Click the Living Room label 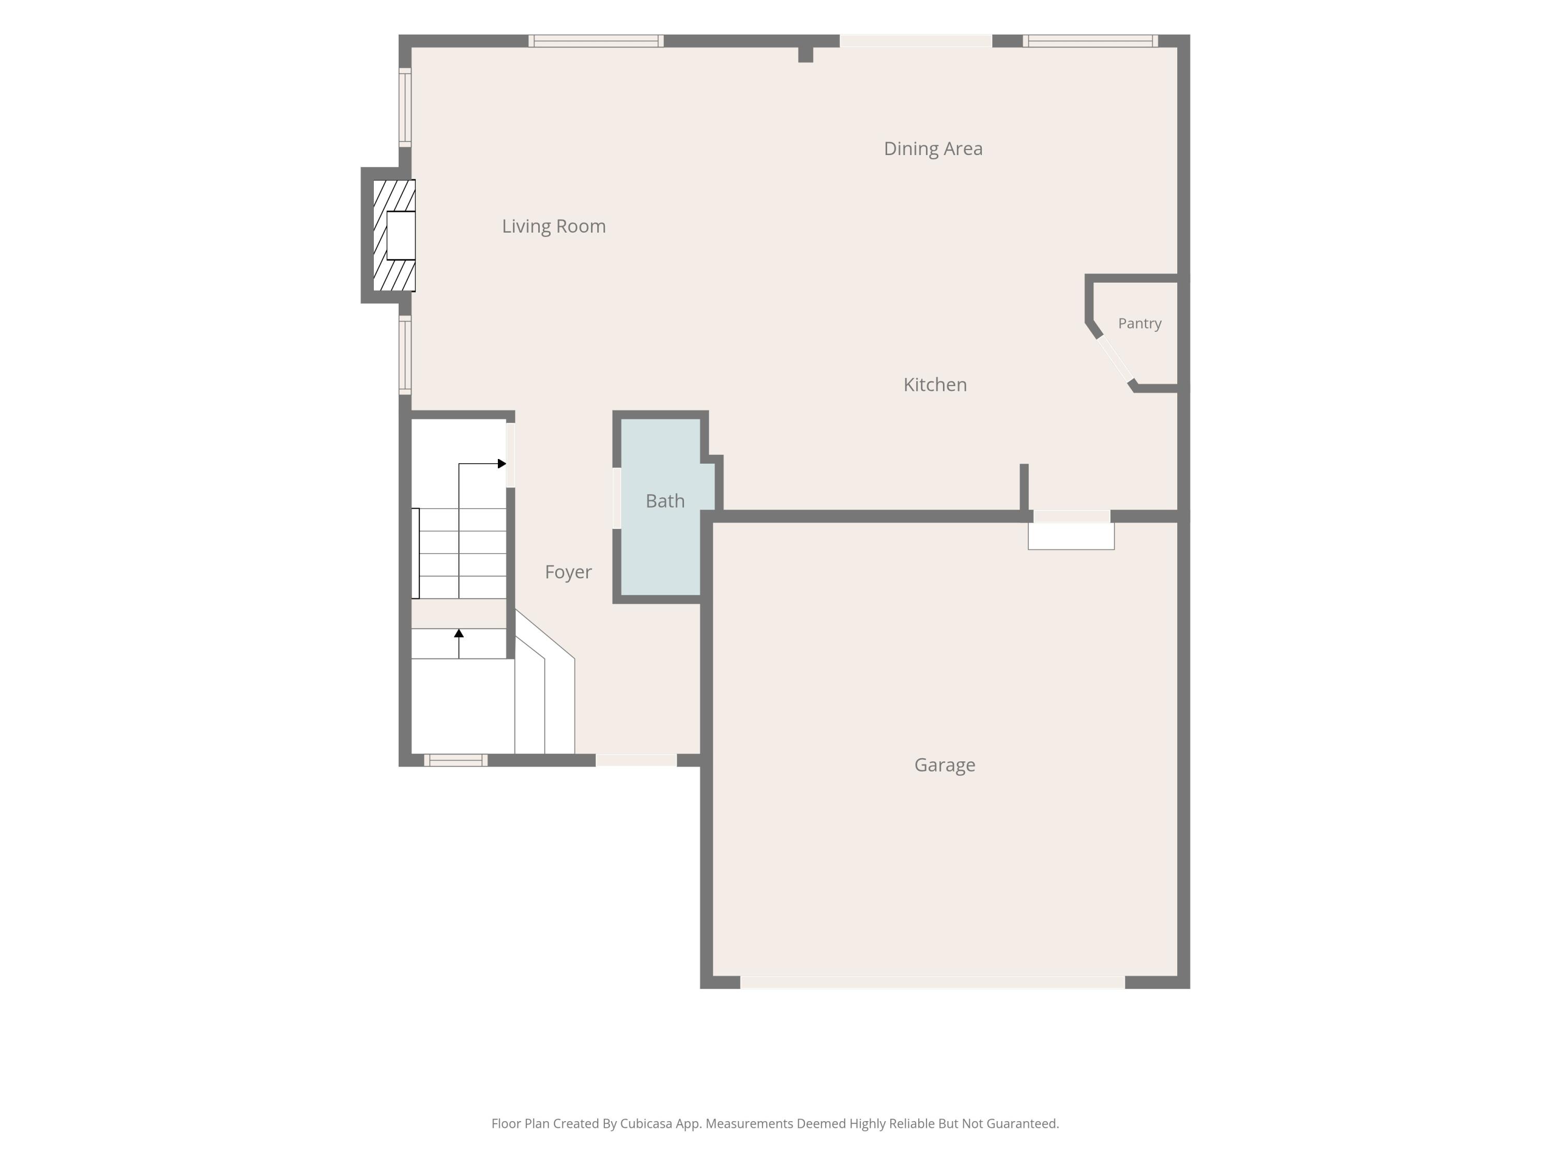[554, 226]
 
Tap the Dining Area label [933, 149]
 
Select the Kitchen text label [935, 384]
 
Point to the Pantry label [1140, 323]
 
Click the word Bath [665, 500]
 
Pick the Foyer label [569, 572]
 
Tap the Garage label [945, 765]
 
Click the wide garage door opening [933, 982]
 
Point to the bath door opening [617, 498]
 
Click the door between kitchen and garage [1072, 517]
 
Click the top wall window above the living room [596, 41]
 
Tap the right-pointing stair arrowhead [502, 463]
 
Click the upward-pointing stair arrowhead [459, 633]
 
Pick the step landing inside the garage [1071, 537]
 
